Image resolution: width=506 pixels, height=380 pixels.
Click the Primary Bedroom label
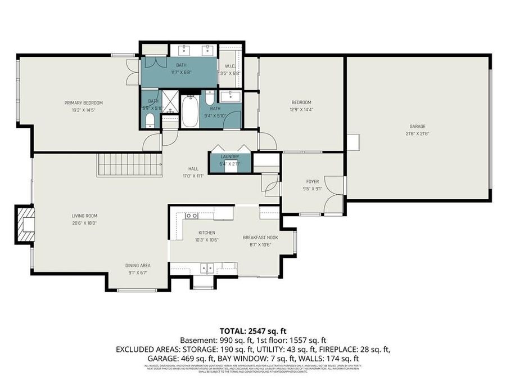tap(83, 103)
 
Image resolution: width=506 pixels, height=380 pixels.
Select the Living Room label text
tap(84, 216)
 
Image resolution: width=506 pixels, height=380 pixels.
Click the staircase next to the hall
tap(129, 165)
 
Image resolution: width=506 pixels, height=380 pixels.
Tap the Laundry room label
tap(229, 157)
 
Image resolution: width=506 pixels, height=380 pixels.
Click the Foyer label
tap(312, 182)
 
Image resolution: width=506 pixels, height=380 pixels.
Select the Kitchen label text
tap(206, 233)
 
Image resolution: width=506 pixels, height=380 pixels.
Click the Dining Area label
tap(138, 266)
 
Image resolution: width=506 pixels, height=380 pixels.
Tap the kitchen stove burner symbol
tap(191, 215)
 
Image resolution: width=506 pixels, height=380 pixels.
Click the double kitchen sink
tap(207, 269)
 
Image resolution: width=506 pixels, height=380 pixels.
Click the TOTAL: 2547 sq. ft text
tap(252, 331)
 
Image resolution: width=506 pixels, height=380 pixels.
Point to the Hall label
tap(193, 168)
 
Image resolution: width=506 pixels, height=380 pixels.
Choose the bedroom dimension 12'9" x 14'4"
tap(301, 109)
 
